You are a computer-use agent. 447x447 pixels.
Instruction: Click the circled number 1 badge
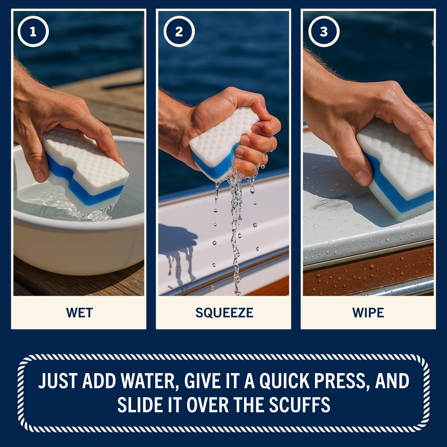pos(33,32)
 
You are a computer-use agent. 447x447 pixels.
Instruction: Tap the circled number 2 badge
pos(179,32)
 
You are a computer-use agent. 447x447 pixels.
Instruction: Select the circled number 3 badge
pos(324,32)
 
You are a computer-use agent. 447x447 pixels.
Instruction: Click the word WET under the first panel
pos(79,313)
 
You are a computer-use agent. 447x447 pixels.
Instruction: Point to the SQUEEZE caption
pos(224,313)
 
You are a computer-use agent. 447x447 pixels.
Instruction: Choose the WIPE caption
pos(368,313)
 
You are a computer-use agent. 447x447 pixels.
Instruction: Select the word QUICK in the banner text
pos(284,381)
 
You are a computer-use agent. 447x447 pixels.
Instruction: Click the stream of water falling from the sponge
pos(236,232)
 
